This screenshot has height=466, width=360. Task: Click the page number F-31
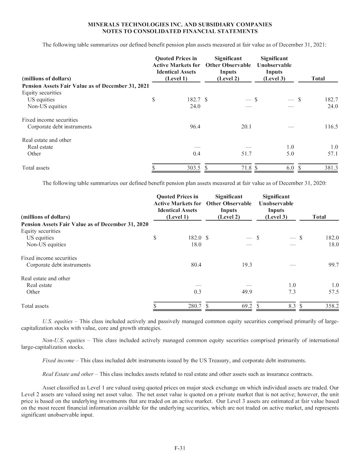tap(180, 448)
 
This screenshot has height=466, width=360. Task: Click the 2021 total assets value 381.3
tap(331, 168)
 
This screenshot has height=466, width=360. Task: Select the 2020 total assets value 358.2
tap(332, 306)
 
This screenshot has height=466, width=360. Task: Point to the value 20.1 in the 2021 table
tap(246, 127)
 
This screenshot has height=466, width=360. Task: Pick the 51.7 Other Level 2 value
tap(246, 154)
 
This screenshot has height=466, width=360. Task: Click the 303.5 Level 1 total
tap(194, 168)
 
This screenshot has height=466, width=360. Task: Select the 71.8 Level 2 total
tap(246, 168)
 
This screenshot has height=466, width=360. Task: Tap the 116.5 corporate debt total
tap(331, 127)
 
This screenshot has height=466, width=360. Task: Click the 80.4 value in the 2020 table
tap(196, 265)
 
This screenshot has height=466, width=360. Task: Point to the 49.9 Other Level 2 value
tap(247, 292)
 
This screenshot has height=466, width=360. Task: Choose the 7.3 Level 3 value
tap(292, 292)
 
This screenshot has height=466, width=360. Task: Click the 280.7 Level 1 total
tap(195, 306)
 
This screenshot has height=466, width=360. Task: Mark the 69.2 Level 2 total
tap(247, 306)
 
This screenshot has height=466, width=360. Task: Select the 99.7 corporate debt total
tap(333, 265)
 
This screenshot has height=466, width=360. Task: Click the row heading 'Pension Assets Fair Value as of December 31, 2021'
tap(85, 86)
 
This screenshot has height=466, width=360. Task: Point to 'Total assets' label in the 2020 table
tap(35, 306)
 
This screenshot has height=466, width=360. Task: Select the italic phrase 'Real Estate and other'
tap(68, 374)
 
